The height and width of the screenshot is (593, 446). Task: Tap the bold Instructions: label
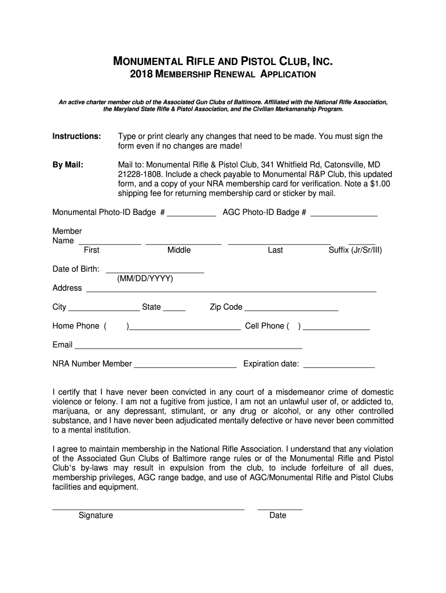pos(77,136)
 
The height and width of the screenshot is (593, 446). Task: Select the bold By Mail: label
pos(68,165)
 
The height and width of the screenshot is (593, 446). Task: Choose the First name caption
pos(92,250)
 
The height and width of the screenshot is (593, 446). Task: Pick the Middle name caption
pos(179,250)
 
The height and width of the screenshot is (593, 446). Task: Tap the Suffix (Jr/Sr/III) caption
pos(355,250)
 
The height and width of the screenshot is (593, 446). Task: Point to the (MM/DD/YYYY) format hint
pos(145,279)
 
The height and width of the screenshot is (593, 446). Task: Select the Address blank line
pos(231,289)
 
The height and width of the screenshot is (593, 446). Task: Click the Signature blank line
pos(148,507)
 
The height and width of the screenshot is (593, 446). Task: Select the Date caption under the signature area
pos(278,515)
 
